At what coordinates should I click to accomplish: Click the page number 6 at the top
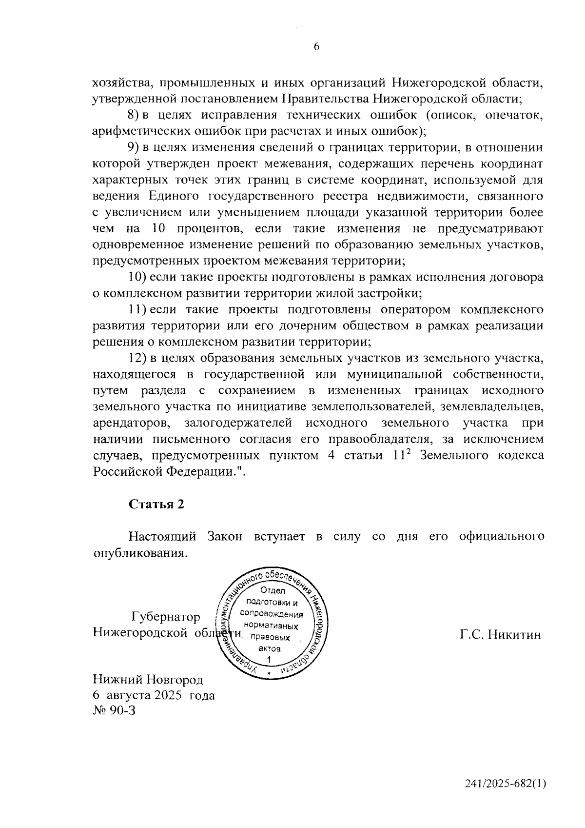point(316,47)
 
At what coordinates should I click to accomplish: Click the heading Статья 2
point(156,505)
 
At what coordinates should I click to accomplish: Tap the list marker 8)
point(133,115)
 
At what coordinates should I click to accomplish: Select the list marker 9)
point(133,147)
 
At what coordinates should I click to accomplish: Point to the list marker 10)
point(137,277)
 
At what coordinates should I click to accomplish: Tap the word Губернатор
point(166,617)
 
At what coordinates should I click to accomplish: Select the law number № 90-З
point(113,710)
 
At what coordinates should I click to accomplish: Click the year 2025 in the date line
point(168,695)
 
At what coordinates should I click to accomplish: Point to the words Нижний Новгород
point(148,680)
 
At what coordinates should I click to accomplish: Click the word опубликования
point(139,553)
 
